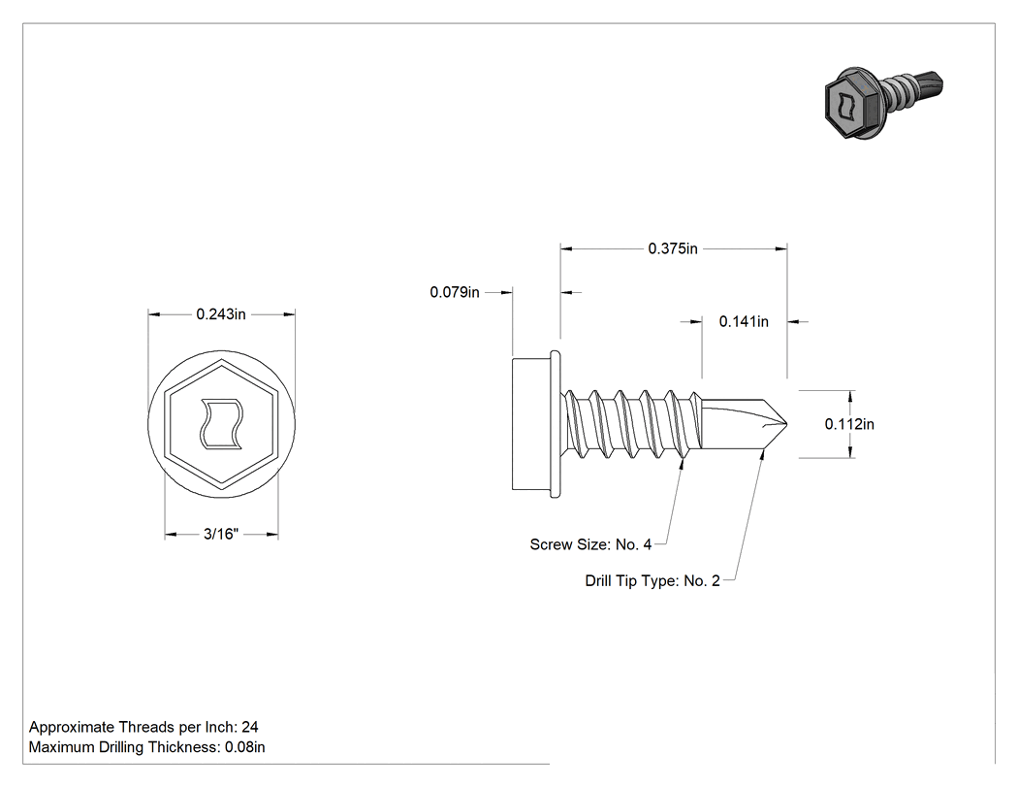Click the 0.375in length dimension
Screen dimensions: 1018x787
pos(673,248)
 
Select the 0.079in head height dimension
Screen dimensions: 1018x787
pos(455,292)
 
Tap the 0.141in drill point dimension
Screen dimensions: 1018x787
pos(744,321)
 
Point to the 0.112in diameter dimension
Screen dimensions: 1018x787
pos(849,424)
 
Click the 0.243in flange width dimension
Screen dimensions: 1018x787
pos(221,314)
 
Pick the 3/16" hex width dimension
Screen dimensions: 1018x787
pos(221,534)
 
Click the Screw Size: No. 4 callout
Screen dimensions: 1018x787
pos(590,544)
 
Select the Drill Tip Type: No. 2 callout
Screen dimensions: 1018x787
pos(652,581)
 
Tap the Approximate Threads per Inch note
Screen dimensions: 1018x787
pos(143,727)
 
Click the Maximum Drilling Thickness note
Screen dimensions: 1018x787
pos(146,747)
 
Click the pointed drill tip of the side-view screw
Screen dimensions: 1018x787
pos(786,424)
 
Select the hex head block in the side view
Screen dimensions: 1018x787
pos(531,424)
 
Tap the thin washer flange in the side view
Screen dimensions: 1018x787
pos(556,424)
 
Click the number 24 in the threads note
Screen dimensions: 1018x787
pos(250,727)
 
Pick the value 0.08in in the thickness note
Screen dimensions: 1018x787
pos(244,747)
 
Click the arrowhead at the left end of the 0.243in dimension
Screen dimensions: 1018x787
pos(154,314)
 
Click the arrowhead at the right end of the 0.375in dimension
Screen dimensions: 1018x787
pos(781,248)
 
